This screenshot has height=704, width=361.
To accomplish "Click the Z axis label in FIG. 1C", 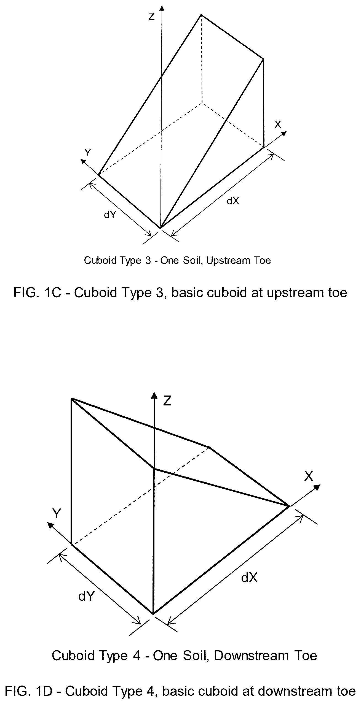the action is (x=151, y=17).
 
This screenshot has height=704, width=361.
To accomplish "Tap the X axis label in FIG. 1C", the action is (x=278, y=125).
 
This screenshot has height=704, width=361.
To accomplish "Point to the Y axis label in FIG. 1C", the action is (x=88, y=153).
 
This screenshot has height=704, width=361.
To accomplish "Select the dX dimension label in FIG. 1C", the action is (x=233, y=201).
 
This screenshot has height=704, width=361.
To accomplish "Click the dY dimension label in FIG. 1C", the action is (x=110, y=215).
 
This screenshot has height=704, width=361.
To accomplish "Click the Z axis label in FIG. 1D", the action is (x=167, y=401).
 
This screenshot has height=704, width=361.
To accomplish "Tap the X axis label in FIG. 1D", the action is (x=309, y=476).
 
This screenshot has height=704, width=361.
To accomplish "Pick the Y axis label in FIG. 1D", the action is (x=57, y=514).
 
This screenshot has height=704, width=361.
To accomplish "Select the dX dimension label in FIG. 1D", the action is (x=249, y=578).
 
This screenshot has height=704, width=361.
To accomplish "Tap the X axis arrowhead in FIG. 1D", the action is (x=317, y=487).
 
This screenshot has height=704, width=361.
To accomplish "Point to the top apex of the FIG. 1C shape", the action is (x=201, y=15).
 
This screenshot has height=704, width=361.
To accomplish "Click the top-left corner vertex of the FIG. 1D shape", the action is (x=72, y=399).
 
